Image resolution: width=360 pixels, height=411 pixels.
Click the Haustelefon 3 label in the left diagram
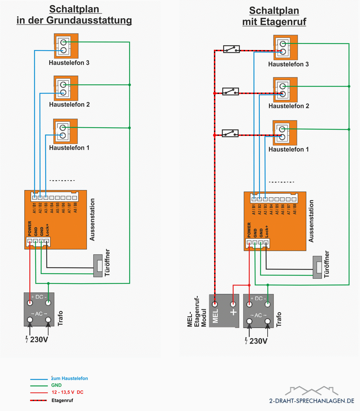69,63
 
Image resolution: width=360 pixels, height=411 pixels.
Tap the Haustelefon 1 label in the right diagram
288,149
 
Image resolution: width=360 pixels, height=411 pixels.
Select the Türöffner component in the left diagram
100,265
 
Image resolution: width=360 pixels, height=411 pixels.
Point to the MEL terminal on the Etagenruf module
215,304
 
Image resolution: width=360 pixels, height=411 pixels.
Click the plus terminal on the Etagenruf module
233,304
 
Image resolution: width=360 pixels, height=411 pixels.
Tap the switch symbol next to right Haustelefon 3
231,49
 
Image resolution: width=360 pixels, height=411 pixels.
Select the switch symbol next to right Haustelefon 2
231,92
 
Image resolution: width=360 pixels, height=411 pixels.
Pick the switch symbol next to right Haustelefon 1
230,133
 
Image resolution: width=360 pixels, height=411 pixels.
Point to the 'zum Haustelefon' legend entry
70,378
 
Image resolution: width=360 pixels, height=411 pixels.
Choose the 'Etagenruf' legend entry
62,400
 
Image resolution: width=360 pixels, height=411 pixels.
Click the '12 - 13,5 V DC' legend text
67,392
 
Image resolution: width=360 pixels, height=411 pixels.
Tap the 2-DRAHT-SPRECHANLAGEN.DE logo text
311,400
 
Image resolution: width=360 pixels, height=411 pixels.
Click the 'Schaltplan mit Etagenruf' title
274,16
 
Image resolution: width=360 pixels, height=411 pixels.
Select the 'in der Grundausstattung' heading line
74,20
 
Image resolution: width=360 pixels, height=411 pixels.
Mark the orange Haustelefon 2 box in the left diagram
66,88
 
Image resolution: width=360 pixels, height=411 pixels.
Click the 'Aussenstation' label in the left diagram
92,220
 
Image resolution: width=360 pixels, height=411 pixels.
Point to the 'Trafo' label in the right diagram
279,319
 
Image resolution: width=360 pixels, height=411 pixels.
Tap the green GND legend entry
56,385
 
